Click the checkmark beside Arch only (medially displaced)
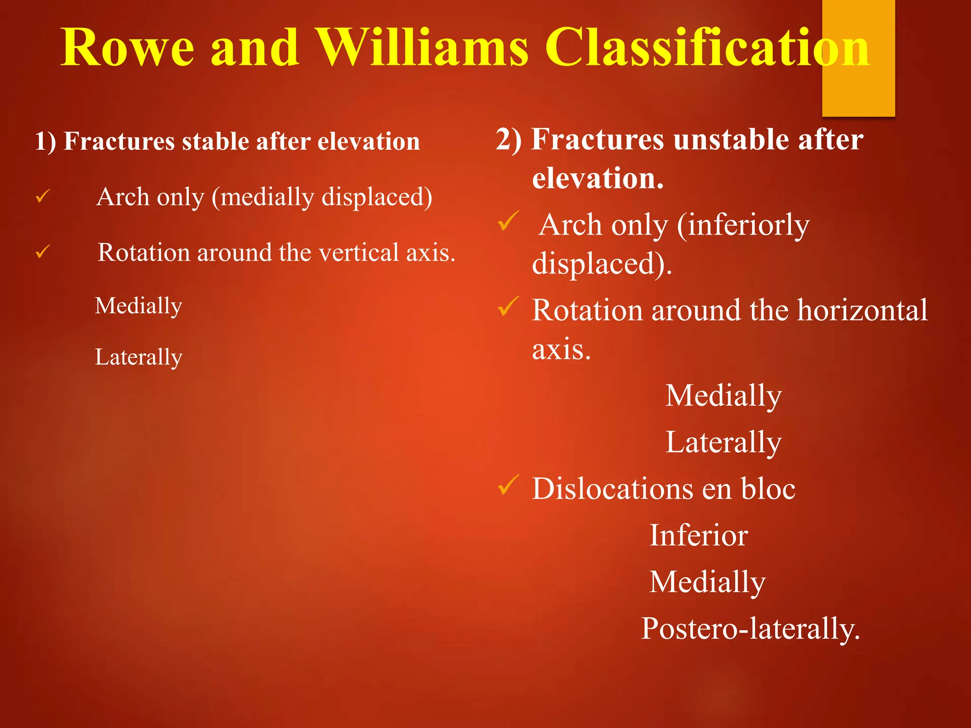(43, 196)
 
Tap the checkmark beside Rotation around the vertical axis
(43, 251)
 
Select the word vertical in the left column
(359, 252)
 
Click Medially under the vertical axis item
(138, 306)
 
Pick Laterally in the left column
(138, 357)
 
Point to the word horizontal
(862, 310)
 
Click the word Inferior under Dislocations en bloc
(698, 536)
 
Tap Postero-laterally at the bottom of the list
(750, 629)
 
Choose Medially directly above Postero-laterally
(707, 582)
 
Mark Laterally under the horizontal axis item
(723, 442)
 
